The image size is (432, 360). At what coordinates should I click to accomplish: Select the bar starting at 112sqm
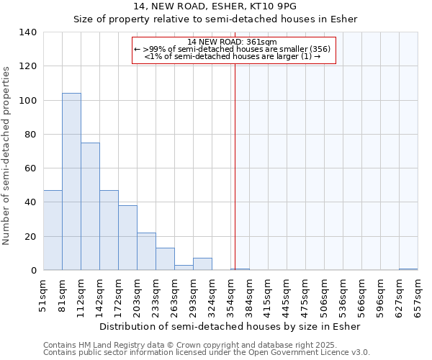90,207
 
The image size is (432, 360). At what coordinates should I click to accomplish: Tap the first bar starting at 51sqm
53,230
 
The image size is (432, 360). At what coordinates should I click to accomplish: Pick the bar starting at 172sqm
127,238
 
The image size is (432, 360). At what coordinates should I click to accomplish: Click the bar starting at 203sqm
146,251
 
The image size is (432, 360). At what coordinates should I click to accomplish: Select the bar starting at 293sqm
202,264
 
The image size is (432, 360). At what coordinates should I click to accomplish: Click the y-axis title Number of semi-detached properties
7,155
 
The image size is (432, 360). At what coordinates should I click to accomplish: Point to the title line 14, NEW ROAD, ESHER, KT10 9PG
215,6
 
